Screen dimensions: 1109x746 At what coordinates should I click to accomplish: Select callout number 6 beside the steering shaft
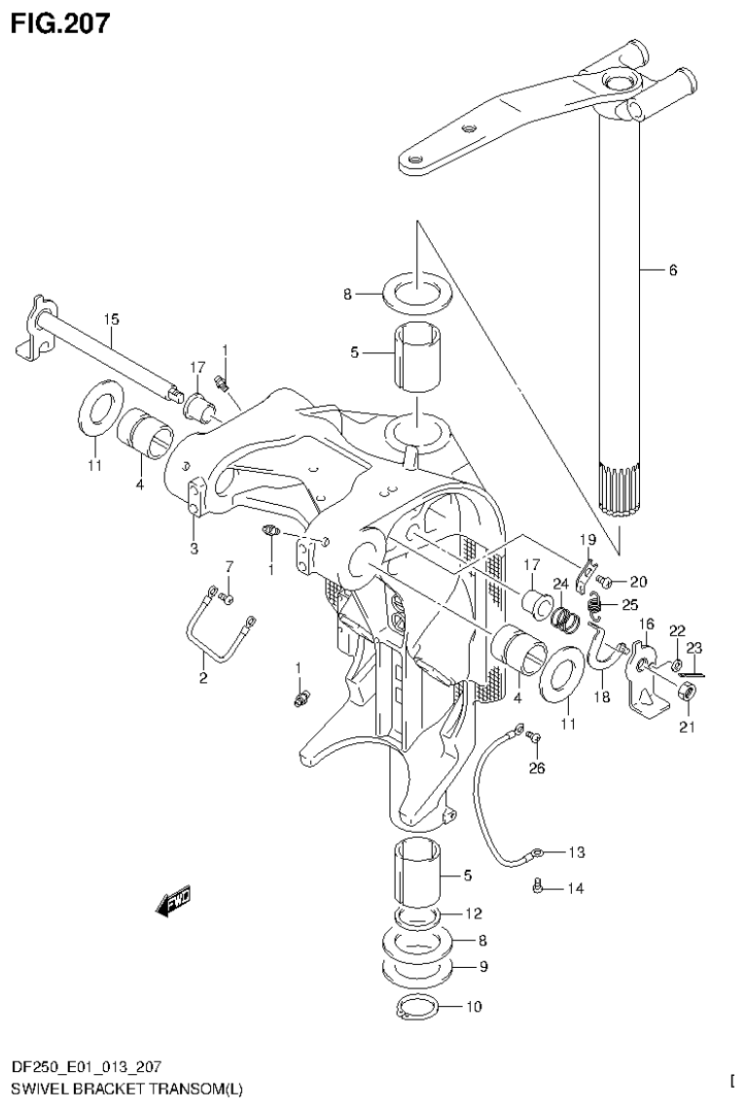click(x=672, y=270)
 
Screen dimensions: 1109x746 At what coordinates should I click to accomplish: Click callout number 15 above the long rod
click(x=112, y=318)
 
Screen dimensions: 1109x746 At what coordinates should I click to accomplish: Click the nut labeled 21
click(x=685, y=692)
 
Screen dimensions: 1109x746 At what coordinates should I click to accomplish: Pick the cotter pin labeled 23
click(x=693, y=672)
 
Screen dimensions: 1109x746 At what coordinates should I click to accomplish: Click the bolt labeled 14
click(x=537, y=885)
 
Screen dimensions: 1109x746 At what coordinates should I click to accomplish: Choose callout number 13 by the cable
click(x=576, y=853)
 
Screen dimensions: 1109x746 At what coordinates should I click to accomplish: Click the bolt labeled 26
click(x=533, y=745)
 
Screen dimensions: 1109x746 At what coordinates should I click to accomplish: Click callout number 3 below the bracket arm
click(x=194, y=549)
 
